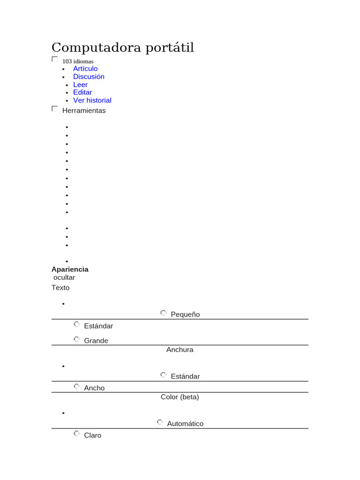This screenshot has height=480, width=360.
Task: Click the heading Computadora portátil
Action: (122, 47)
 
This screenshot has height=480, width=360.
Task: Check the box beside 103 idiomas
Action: (55, 60)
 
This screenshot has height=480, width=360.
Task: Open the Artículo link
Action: (85, 69)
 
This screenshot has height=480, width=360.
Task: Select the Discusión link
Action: (89, 76)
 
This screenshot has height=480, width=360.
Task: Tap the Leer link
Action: (80, 84)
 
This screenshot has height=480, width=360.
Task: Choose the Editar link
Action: (82, 92)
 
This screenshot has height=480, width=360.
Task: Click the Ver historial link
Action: (92, 100)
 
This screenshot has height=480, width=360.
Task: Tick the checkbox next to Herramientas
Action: (55, 109)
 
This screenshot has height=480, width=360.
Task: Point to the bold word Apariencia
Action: (70, 270)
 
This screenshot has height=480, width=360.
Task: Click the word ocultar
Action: (64, 277)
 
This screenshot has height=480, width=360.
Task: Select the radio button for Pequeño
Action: (163, 313)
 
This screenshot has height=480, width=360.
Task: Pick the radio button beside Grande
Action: (77, 339)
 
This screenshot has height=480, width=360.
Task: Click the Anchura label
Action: (180, 350)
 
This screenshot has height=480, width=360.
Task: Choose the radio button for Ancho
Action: (77, 387)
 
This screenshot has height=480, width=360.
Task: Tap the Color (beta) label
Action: (180, 397)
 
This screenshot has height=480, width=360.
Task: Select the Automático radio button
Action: (160, 422)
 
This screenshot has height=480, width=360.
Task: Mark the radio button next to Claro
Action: (77, 434)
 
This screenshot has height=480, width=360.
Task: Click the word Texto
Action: (60, 287)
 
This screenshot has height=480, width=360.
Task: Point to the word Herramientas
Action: (84, 111)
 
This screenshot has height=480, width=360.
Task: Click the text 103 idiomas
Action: (78, 61)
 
